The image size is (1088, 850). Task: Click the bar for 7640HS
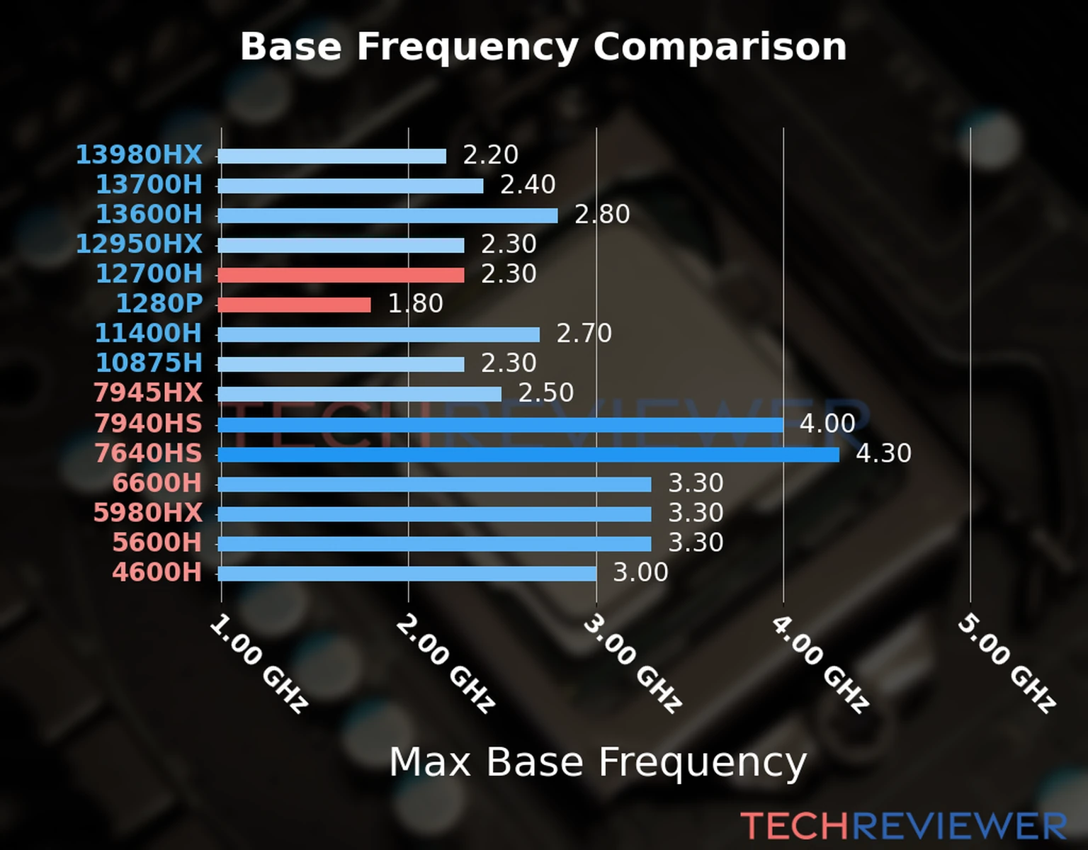coord(528,454)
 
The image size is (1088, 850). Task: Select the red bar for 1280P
coord(294,305)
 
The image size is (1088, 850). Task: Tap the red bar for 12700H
coord(341,275)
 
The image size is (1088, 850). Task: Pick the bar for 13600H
coord(387,215)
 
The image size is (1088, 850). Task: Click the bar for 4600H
coord(407,573)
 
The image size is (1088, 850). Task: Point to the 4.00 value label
coord(827,424)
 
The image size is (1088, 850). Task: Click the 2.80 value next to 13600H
coord(602,214)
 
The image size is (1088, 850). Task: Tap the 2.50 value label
coord(545,392)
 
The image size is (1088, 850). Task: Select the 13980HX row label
coord(139,154)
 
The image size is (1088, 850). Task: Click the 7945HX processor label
coord(148,392)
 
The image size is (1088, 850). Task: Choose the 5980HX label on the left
coord(148,512)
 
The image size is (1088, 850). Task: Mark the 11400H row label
coord(148,333)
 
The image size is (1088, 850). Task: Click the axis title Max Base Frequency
coord(598,762)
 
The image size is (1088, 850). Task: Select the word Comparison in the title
coord(720,47)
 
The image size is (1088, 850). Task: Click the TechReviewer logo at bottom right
coord(903,826)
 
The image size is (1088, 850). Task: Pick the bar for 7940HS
coord(500,424)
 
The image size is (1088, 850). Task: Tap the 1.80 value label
coord(415,303)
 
